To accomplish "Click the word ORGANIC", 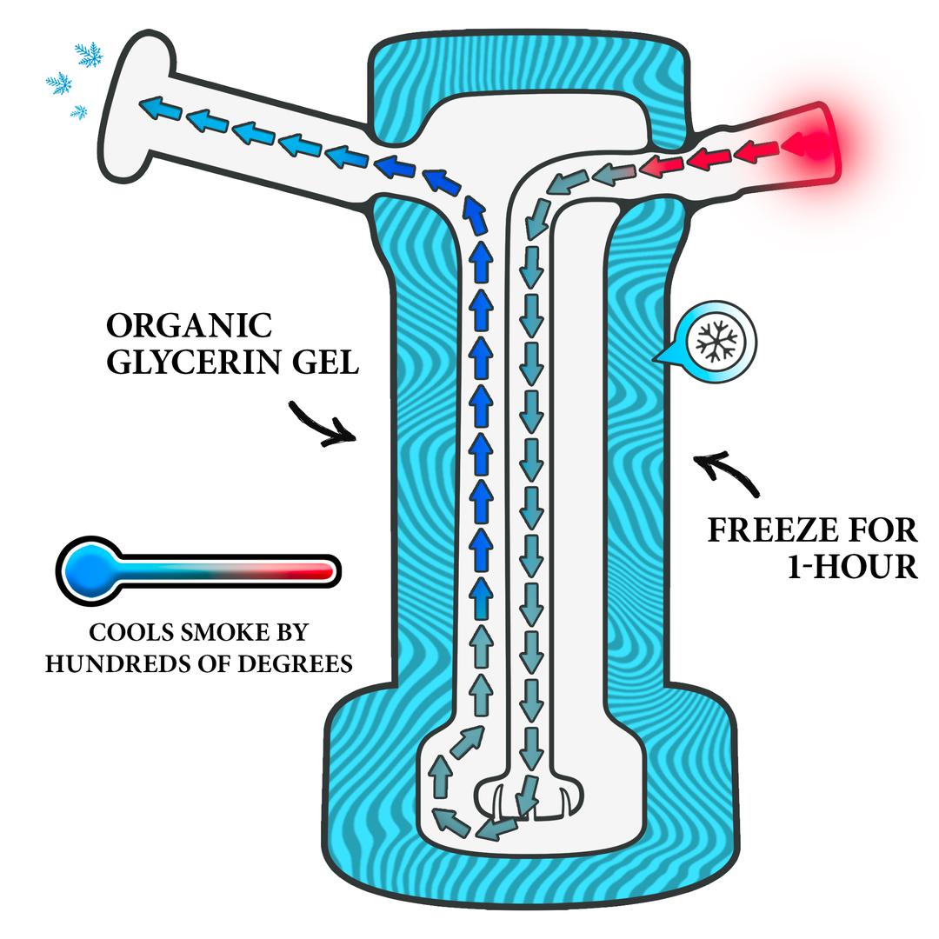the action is pos(190,326).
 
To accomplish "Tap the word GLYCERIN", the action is pos(193,363).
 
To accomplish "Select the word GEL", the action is pos(325,363).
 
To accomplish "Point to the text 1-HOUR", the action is pos(852,567).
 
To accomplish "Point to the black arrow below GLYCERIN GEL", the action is pos(323,425).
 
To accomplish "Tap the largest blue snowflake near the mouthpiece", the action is pos(89,55).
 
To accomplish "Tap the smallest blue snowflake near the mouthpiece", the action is pos(78,111).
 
